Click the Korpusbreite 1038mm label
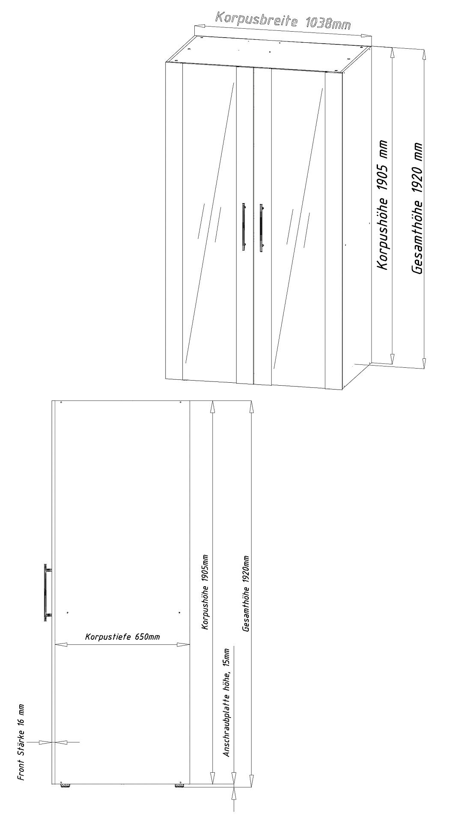[x=283, y=20]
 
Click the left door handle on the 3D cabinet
[x=244, y=227]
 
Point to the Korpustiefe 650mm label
[x=122, y=637]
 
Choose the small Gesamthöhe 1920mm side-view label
[x=246, y=594]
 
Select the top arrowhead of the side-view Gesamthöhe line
[x=251, y=407]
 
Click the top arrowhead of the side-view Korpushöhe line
[x=211, y=407]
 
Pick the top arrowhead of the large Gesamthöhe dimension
[x=424, y=54]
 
